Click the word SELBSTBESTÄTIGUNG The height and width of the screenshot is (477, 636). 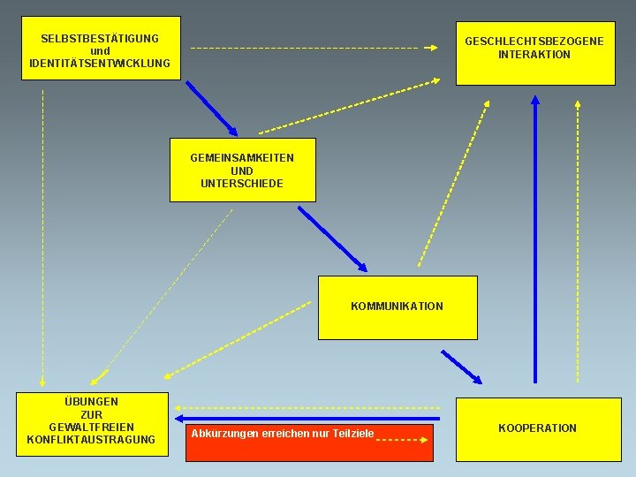[x=100, y=39]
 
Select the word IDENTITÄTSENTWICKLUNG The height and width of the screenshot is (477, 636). [x=100, y=64]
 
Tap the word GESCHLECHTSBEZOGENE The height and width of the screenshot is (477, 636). [x=534, y=42]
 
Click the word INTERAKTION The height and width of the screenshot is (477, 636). [x=534, y=55]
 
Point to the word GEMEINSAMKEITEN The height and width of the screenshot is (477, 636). [x=242, y=158]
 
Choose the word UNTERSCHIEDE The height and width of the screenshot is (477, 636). [x=242, y=184]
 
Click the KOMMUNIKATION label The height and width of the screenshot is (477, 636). [x=397, y=307]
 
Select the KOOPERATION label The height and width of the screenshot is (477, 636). [x=537, y=428]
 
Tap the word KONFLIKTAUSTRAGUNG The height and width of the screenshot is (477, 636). [x=91, y=440]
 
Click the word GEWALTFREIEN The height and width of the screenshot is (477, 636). [x=91, y=428]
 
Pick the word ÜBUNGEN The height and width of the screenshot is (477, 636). [x=91, y=402]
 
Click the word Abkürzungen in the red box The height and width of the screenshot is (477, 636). [x=220, y=434]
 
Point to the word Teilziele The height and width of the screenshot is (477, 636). [x=352, y=434]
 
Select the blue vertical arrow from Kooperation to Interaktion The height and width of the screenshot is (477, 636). [x=535, y=238]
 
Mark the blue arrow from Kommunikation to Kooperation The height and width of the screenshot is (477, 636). [x=461, y=367]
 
